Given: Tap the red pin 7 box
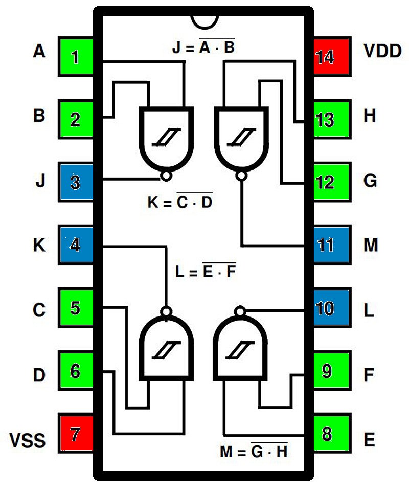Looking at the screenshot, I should pos(76,434).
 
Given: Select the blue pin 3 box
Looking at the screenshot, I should pos(76,182).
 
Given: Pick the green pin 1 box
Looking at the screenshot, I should pos(76,56).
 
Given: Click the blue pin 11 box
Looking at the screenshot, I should pos(331,245).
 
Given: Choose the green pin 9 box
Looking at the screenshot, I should pos(331,371).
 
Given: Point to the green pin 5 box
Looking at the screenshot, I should pos(76,308).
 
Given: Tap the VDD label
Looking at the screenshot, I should pos(382,51).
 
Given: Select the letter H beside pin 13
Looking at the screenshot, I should pos(370,116).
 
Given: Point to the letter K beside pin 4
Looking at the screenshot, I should pos(39,246).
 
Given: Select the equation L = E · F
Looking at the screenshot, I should pos(205,272).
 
